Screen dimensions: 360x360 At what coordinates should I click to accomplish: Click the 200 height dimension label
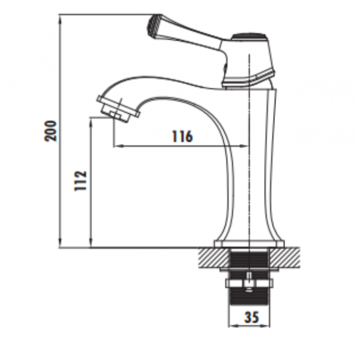[52, 131]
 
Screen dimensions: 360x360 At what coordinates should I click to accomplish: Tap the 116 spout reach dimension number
[182, 137]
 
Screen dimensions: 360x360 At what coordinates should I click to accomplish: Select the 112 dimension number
[81, 181]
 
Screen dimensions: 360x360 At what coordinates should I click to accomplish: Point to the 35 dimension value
[251, 317]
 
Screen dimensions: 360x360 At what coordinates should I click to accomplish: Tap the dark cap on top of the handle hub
[249, 36]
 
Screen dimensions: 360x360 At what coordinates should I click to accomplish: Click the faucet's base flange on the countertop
[249, 244]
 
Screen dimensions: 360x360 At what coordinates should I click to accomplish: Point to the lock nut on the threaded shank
[249, 283]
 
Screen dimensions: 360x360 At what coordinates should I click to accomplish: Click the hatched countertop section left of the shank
[213, 258]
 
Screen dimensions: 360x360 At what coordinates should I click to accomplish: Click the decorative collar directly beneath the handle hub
[249, 79]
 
